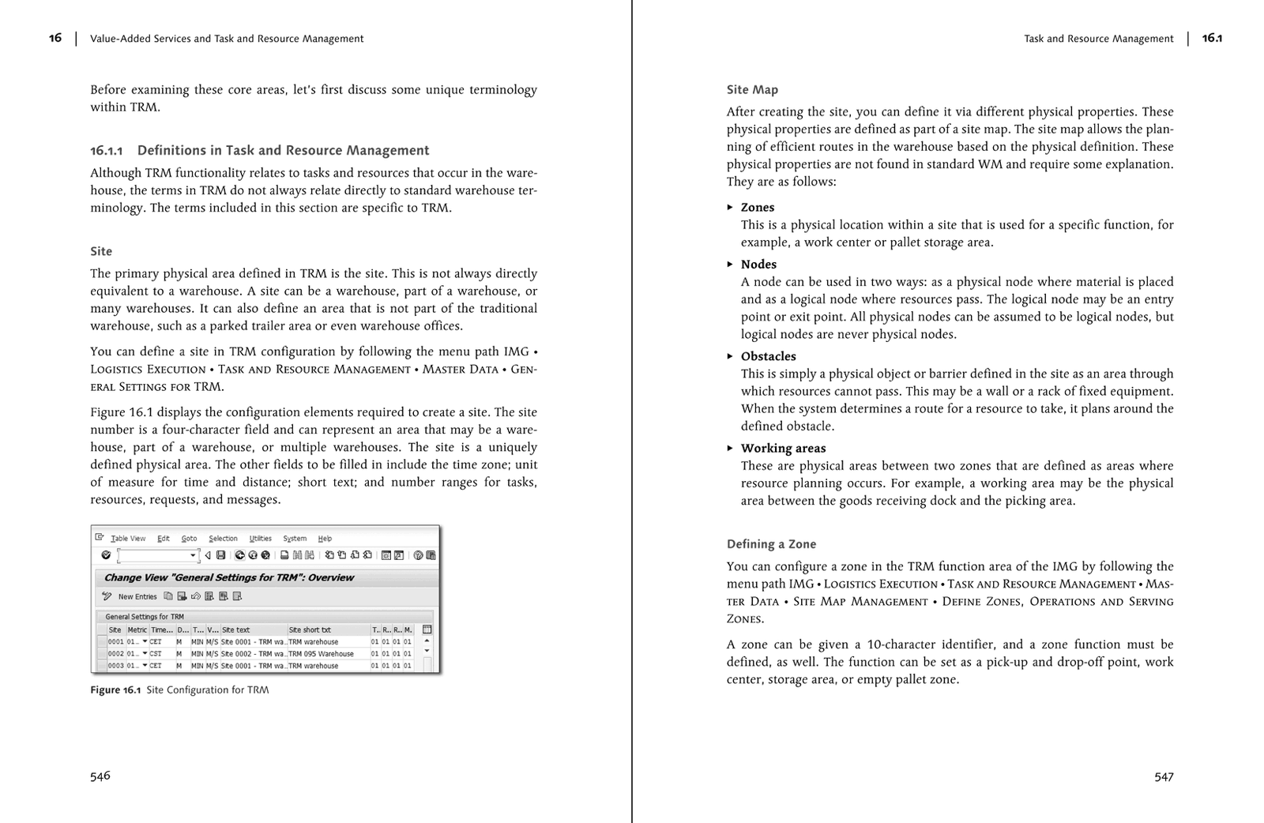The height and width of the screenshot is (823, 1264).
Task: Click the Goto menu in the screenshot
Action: point(189,539)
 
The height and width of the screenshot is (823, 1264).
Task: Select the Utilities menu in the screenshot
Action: point(260,539)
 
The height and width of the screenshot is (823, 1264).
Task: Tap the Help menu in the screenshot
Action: point(325,539)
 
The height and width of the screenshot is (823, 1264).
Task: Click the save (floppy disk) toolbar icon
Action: point(221,555)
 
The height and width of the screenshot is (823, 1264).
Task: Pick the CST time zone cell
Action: point(156,654)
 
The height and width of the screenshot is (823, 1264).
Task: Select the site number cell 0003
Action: point(116,666)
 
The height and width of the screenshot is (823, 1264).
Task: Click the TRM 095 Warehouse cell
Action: point(321,654)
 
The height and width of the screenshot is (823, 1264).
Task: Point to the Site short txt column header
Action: point(310,629)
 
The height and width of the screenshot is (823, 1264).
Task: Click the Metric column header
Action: point(137,629)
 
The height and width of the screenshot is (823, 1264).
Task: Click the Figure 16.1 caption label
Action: point(115,690)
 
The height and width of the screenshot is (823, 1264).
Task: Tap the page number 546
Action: point(100,776)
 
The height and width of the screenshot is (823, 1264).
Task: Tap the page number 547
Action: point(1164,776)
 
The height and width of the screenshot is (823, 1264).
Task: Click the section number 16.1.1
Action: point(106,151)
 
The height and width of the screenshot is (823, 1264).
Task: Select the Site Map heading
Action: point(752,90)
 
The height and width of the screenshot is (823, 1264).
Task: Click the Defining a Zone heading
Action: point(771,544)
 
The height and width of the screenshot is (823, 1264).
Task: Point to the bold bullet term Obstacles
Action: point(768,356)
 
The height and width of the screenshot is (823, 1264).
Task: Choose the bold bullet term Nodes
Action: point(758,265)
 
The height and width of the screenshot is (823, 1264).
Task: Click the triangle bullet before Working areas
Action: point(730,448)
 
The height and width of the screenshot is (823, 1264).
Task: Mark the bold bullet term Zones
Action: point(758,208)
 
